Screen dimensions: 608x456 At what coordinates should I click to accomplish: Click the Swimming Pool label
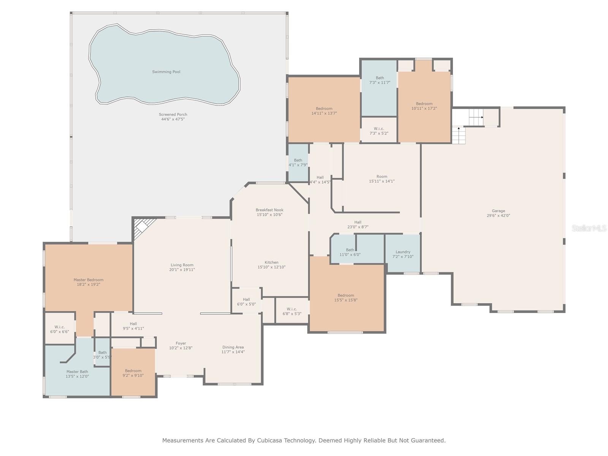pos(166,72)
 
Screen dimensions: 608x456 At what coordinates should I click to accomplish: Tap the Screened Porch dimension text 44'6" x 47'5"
pos(173,119)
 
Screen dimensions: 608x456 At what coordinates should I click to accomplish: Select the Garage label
pos(498,211)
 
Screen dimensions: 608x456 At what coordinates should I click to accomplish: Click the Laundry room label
pos(403,252)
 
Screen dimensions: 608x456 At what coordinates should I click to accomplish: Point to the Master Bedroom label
pos(89,280)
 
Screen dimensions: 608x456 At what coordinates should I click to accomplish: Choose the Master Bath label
pos(77,372)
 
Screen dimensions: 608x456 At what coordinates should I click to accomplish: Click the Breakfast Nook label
pos(269,210)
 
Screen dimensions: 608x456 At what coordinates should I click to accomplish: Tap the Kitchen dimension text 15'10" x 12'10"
pos(271,267)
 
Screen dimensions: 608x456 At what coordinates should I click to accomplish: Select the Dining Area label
pos(233,347)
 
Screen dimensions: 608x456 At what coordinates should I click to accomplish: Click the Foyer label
pos(181,343)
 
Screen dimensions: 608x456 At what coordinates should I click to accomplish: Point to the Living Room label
pos(182,265)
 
